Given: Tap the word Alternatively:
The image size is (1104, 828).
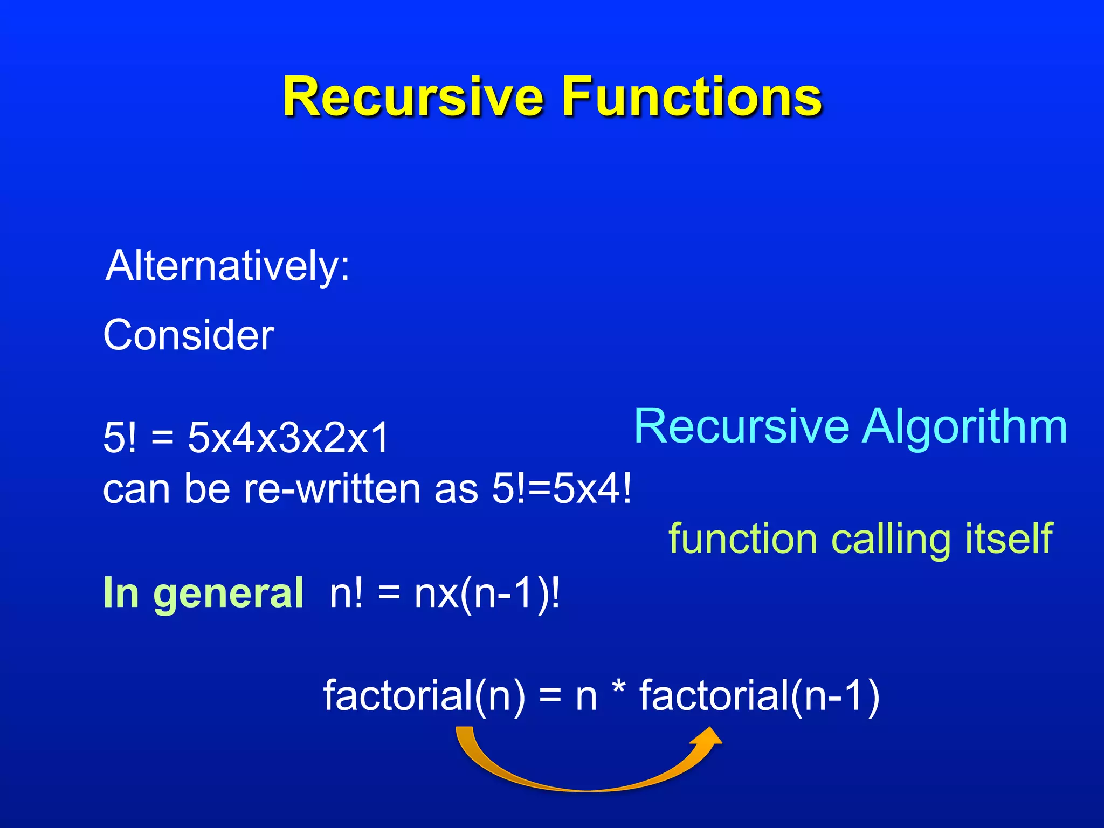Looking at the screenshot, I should [228, 266].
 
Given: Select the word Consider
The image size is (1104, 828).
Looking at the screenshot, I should [189, 335].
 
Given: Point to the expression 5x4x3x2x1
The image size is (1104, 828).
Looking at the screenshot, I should [288, 437].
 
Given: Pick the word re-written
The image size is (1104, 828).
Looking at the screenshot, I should [332, 489].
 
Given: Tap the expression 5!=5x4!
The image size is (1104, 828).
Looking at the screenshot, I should [561, 489].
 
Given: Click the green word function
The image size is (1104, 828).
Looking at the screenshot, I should [743, 538].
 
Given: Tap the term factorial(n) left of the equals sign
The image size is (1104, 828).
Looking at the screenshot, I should [424, 695].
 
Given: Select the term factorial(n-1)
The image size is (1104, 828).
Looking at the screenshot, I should [759, 695].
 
